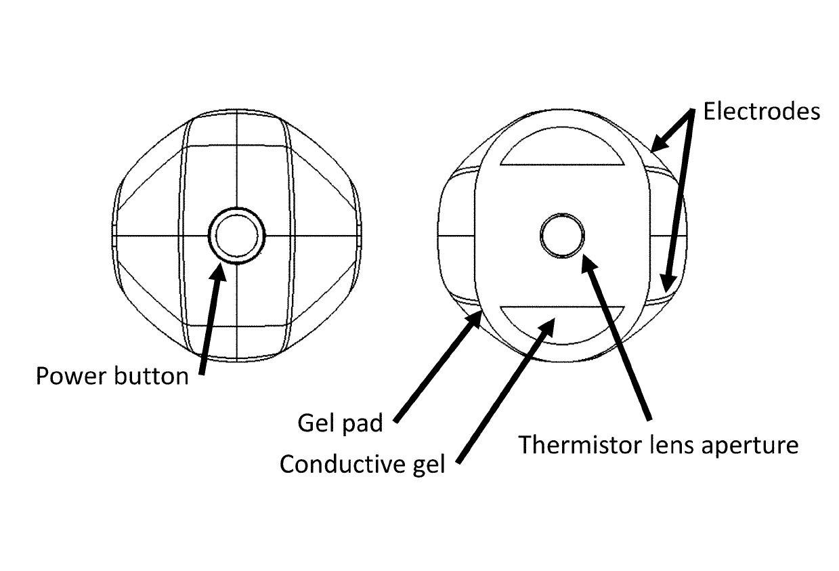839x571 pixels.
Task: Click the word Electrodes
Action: coord(761,112)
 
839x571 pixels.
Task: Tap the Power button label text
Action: coord(112,376)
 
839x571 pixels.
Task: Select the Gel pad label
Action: coord(340,423)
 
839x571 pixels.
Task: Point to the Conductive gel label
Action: coord(362,465)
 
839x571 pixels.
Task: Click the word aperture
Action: coord(750,446)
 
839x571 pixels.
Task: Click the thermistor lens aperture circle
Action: coord(562,235)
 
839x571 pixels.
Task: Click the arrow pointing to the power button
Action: coord(210,318)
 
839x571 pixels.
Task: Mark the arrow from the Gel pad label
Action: coord(437,366)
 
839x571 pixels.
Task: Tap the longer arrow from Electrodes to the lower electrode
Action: coord(680,203)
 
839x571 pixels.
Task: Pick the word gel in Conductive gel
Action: coord(427,465)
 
